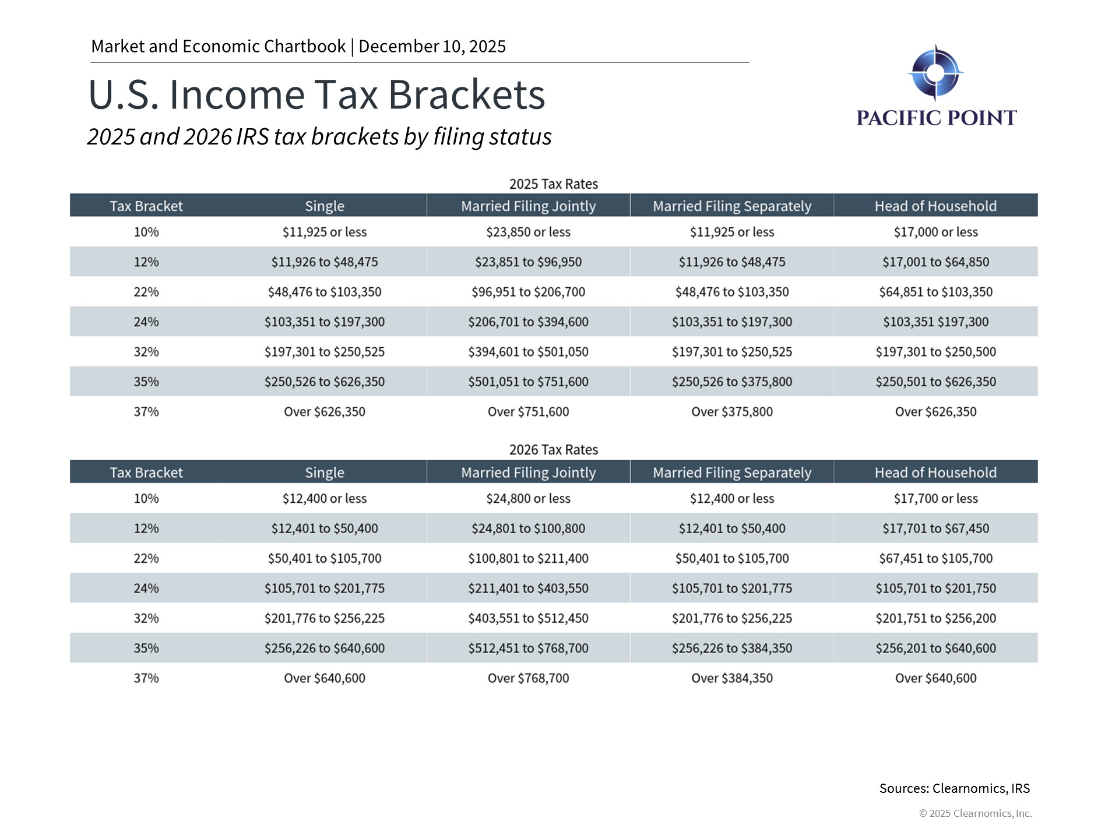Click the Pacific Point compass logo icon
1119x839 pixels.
pos(935,73)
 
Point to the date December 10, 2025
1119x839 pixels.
pos(432,47)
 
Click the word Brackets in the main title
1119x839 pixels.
pos(466,94)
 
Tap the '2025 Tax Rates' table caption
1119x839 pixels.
pos(553,184)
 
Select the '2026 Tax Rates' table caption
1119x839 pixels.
pos(553,450)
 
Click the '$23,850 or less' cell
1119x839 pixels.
pos(528,232)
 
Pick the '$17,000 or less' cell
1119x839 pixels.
pos(935,232)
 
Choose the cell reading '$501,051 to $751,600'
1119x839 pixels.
pos(528,382)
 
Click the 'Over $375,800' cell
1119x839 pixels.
pos(731,412)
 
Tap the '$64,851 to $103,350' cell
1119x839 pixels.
pos(935,292)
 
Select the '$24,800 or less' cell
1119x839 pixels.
pos(528,499)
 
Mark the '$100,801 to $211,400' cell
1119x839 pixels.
pos(528,558)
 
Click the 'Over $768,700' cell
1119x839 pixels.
pos(528,678)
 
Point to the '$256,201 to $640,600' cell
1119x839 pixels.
pos(935,648)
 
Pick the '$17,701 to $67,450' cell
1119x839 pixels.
pos(935,528)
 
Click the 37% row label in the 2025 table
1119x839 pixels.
pos(146,412)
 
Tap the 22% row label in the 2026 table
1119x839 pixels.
pos(146,558)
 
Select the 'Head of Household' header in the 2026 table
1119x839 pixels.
pos(935,473)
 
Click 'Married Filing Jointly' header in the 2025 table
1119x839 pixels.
pos(528,206)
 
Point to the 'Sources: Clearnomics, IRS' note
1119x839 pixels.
pos(954,788)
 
